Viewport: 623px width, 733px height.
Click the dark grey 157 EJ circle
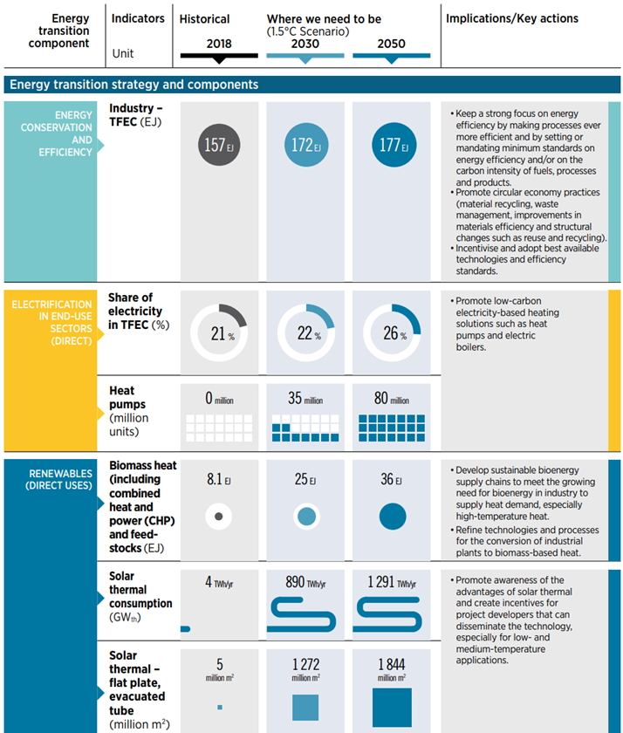click(x=219, y=145)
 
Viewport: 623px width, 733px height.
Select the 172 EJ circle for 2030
click(x=306, y=145)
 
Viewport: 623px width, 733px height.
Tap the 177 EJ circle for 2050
click(x=394, y=145)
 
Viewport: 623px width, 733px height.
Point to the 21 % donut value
click(x=222, y=333)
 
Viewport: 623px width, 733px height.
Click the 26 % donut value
click(x=395, y=333)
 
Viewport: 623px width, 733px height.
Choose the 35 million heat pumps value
click(x=305, y=398)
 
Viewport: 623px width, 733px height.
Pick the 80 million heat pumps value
click(x=391, y=398)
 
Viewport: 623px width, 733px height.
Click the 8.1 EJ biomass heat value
click(x=219, y=479)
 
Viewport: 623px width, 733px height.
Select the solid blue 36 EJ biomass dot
click(x=393, y=517)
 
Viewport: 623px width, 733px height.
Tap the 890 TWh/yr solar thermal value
click(x=305, y=583)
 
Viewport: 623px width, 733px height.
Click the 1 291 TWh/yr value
click(x=392, y=583)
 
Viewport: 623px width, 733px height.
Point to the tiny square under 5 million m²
click(x=220, y=708)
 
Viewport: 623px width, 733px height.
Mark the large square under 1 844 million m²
click(x=392, y=708)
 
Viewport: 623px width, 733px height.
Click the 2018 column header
click(x=219, y=44)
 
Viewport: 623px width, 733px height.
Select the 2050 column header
click(x=391, y=44)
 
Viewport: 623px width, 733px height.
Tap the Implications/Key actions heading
click(x=512, y=18)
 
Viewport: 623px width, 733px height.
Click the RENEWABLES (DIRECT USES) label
click(x=58, y=480)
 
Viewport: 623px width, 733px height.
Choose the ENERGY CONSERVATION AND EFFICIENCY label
click(x=57, y=134)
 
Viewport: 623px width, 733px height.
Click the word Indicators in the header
click(x=138, y=18)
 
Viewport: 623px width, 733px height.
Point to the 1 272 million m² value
click(x=305, y=669)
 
